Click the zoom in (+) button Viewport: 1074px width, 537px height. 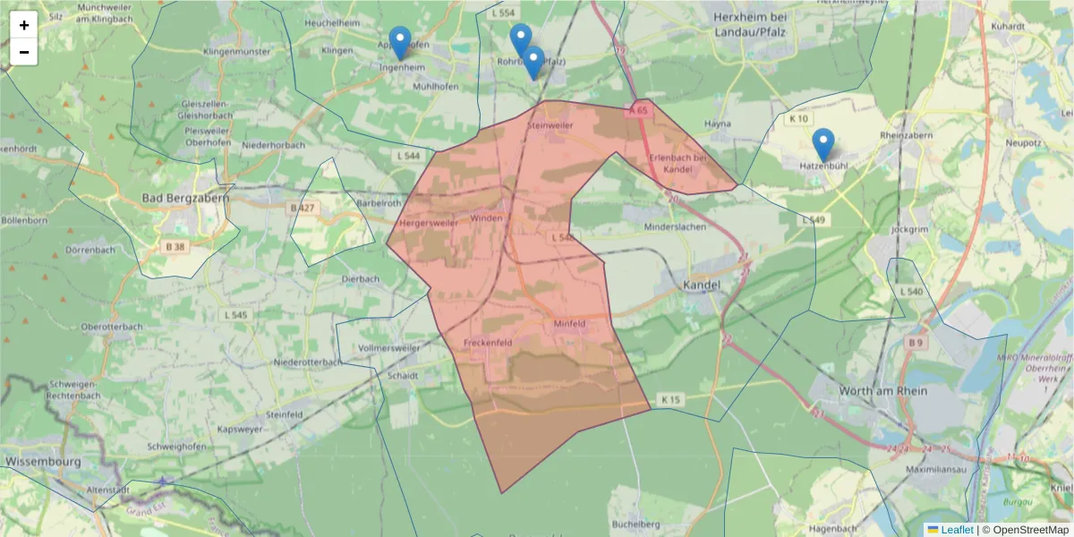tap(24, 25)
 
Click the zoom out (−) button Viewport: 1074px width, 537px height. tap(24, 52)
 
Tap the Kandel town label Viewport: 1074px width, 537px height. tap(701, 284)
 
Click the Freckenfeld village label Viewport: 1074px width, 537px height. tap(488, 343)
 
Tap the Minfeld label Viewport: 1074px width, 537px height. tap(569, 322)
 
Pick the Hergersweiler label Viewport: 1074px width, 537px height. tap(428, 222)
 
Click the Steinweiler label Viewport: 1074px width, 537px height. tap(550, 126)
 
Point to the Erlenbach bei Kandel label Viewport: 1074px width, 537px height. tap(678, 163)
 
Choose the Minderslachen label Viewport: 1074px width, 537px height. tap(676, 227)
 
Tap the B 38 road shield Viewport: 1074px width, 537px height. tap(175, 246)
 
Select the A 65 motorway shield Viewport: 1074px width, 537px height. tap(637, 110)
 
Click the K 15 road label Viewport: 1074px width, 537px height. tap(671, 398)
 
